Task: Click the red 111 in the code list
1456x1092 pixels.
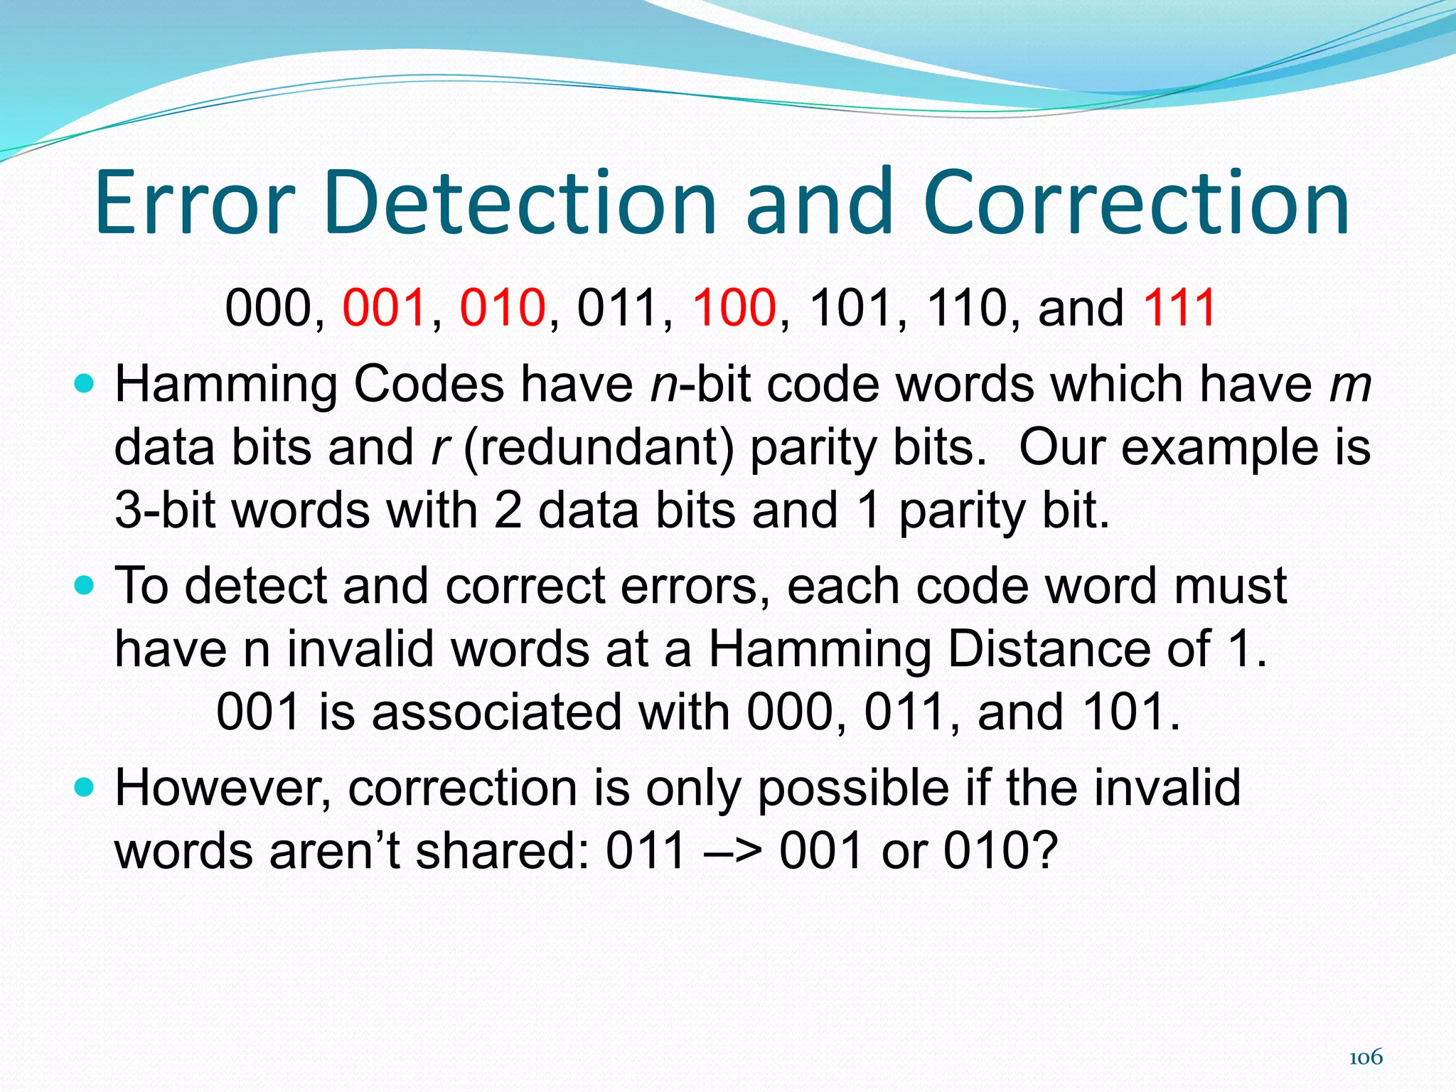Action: click(x=1179, y=308)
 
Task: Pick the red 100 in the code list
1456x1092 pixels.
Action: click(x=734, y=308)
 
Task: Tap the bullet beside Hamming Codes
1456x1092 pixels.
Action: click(x=84, y=385)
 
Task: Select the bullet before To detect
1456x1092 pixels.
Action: click(x=84, y=587)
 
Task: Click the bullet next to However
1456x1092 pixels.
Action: click(x=84, y=787)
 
